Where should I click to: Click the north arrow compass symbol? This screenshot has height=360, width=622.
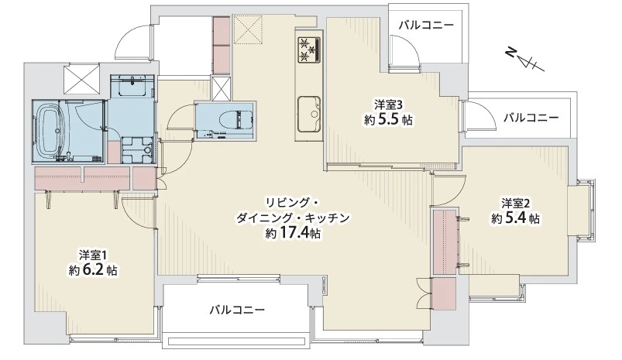coord(525,59)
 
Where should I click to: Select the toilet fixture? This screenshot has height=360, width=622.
coord(230,119)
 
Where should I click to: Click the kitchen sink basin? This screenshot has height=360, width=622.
coord(309,114)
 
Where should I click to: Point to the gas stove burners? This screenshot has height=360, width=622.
coord(308,50)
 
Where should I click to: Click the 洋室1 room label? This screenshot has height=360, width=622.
coord(94,254)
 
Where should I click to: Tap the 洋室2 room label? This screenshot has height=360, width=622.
coord(515,204)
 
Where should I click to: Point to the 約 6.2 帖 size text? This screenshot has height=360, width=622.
coord(93,270)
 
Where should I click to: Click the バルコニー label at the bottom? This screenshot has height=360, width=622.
coord(237,310)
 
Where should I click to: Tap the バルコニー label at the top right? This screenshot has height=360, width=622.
coord(426,26)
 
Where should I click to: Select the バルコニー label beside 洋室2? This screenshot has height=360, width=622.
coord(531,118)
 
